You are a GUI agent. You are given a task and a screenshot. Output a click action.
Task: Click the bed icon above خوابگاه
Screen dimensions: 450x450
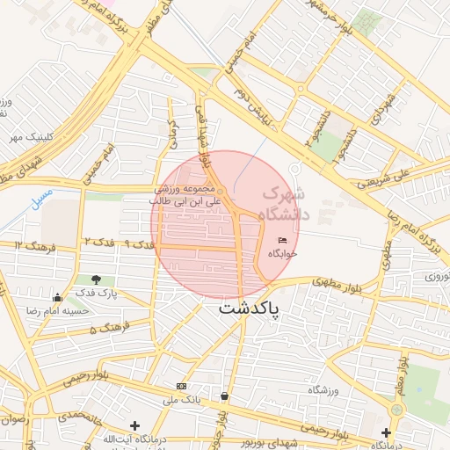[x=282, y=240]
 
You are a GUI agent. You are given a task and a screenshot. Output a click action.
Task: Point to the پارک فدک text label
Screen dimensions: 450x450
[x=96, y=293]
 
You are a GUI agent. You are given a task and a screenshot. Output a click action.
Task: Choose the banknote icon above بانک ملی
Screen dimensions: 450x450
[x=181, y=386]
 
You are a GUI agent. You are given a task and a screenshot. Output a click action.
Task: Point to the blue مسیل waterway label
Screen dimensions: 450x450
[x=37, y=192]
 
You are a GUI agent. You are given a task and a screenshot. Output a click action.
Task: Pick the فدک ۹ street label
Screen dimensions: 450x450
[x=140, y=243]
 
